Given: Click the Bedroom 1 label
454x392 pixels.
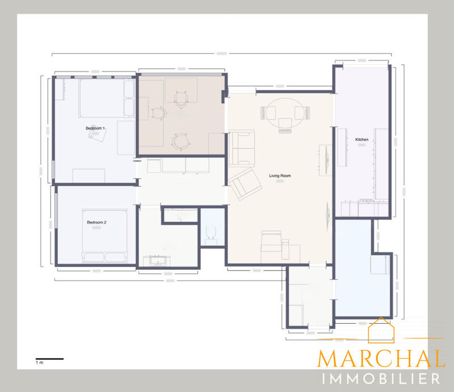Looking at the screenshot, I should click(x=96, y=129).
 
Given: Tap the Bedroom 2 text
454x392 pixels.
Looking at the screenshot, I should click(x=96, y=223).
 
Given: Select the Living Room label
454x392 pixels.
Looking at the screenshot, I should click(x=280, y=176).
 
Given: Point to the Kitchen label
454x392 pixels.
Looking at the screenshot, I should click(x=361, y=140).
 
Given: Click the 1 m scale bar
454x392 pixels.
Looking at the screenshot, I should click(x=49, y=358).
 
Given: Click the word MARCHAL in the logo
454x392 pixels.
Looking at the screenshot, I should click(x=381, y=359).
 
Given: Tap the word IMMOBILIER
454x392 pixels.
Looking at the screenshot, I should click(x=381, y=379).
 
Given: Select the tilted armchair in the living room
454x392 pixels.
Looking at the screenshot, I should click(x=244, y=184).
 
